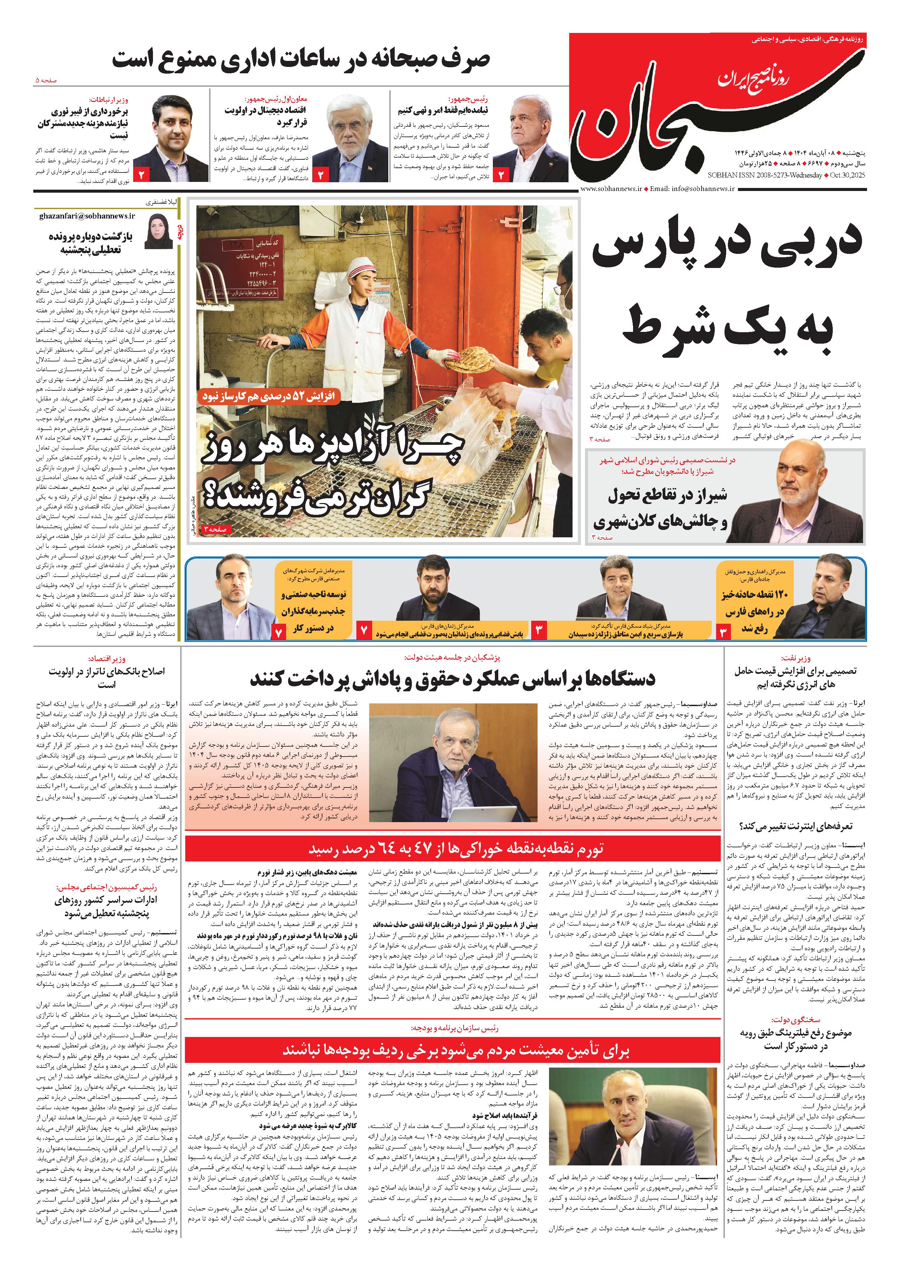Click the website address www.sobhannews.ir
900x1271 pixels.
(611, 188)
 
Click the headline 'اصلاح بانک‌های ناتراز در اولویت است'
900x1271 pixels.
(106, 677)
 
